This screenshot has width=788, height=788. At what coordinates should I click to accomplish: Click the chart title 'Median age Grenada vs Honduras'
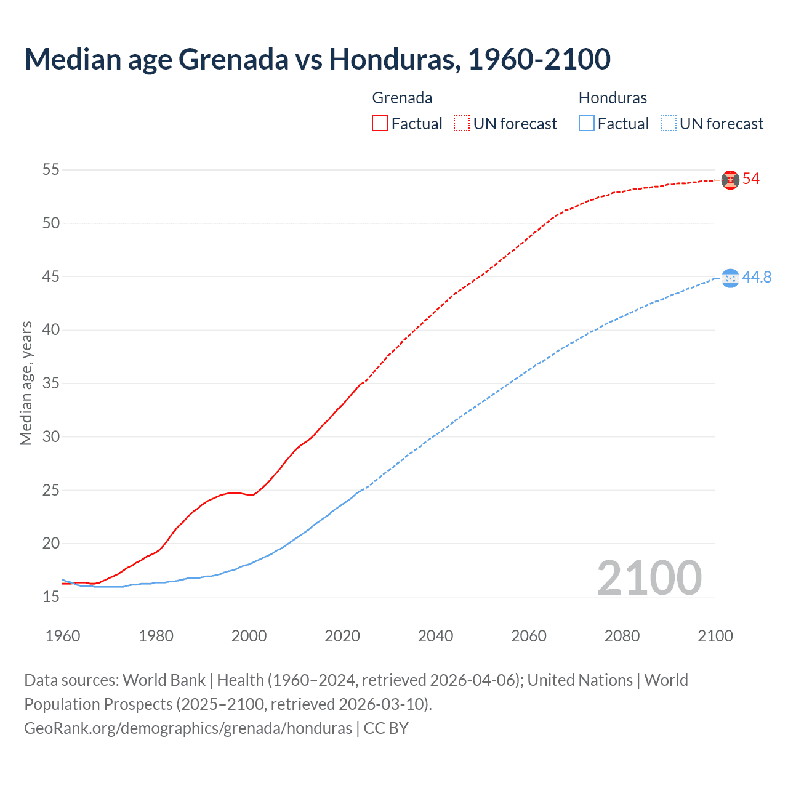[x=317, y=59]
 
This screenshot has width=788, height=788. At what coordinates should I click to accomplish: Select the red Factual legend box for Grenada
[x=380, y=123]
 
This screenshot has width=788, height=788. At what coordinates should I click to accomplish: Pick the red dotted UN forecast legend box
[x=462, y=123]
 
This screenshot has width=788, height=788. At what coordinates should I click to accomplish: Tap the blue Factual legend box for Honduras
[x=587, y=123]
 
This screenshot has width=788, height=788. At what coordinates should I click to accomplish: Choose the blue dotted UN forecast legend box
[x=669, y=123]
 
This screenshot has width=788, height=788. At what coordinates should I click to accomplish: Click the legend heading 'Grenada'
[x=402, y=98]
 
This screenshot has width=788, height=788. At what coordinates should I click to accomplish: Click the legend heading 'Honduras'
[x=613, y=98]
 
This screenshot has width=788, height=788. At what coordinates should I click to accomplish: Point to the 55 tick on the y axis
[x=51, y=169]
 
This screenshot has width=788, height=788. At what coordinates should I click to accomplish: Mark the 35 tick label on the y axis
[x=51, y=383]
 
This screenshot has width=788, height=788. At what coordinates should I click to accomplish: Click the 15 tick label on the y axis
[x=51, y=597]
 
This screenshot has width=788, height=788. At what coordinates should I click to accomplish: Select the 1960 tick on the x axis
[x=63, y=636]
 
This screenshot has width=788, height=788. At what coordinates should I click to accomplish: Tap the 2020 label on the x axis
[x=342, y=636]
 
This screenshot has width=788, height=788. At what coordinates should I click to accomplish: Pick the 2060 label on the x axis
[x=529, y=636]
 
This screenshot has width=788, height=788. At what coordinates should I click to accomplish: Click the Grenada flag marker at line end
[x=730, y=180]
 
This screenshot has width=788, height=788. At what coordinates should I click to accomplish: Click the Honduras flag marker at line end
[x=730, y=278]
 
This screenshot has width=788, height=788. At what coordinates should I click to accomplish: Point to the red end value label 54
[x=751, y=179]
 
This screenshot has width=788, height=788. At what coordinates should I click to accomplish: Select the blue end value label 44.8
[x=757, y=278]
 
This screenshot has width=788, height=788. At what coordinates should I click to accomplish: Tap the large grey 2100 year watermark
[x=649, y=577]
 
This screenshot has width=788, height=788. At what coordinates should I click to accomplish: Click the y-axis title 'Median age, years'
[x=26, y=383]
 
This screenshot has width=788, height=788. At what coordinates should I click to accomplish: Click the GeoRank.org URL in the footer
[x=188, y=728]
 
